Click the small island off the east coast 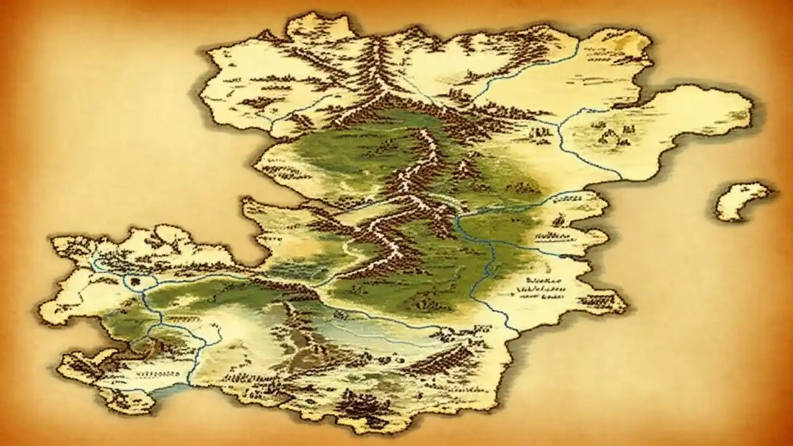point(742,200)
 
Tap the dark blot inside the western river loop point(137,282)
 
